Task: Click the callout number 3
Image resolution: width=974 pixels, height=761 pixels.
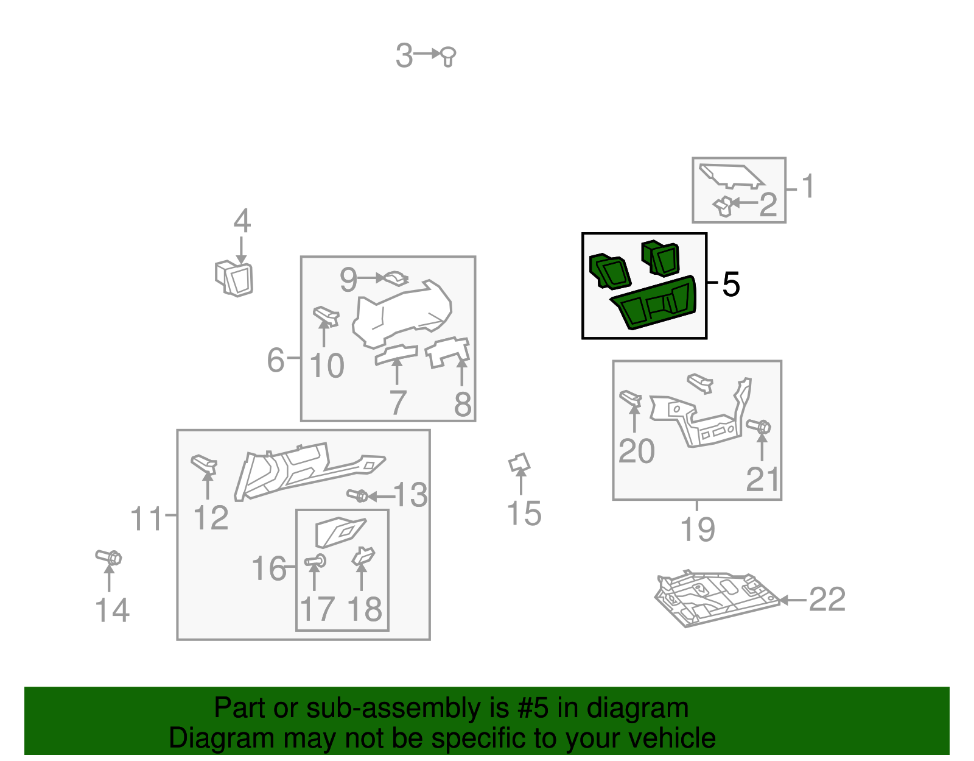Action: (404, 56)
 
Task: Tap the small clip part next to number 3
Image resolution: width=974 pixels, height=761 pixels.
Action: (448, 57)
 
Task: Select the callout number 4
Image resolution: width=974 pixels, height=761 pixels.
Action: (242, 221)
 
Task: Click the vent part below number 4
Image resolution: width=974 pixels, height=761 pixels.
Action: (234, 278)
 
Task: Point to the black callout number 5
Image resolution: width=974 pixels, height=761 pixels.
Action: (730, 285)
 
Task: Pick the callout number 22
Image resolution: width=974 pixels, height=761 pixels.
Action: (827, 599)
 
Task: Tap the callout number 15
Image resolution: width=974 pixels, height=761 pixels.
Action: (524, 513)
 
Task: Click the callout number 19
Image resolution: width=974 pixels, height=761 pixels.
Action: (698, 529)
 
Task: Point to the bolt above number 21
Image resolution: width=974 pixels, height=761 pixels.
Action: (759, 426)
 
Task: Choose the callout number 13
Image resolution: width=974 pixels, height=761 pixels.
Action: (410, 495)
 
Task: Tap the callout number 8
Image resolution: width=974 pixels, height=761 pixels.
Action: (463, 403)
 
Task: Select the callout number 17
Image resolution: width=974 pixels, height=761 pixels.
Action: (317, 609)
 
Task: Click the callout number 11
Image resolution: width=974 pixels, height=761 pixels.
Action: (145, 519)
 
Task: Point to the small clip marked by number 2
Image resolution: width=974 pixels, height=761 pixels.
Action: (723, 206)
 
